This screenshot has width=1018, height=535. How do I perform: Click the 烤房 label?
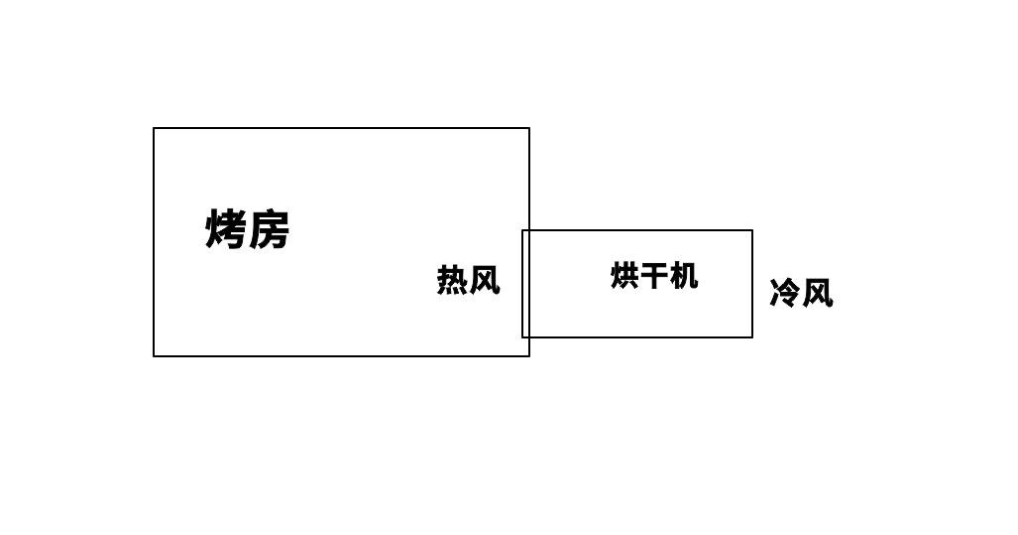tap(248, 230)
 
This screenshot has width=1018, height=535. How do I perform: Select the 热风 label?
tap(468, 280)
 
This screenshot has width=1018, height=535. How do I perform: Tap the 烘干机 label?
tap(654, 275)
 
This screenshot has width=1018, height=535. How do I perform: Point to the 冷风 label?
tap(801, 293)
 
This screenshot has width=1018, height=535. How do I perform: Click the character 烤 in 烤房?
tap(226, 230)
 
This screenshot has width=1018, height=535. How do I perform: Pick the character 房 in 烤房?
tap(269, 230)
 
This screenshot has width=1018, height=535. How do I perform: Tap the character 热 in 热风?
tap(452, 280)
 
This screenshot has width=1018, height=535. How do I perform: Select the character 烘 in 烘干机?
tap(624, 275)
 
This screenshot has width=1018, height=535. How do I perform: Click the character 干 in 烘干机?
tap(654, 275)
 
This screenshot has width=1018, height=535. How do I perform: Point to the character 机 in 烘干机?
tap(684, 275)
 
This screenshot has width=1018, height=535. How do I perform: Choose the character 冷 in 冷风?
tap(785, 293)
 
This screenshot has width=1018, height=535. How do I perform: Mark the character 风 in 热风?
tap(484, 280)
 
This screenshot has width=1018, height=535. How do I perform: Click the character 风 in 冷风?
tap(817, 293)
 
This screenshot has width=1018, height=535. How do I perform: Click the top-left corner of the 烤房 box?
tap(154, 128)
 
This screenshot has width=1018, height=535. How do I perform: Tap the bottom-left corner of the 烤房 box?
tap(154, 355)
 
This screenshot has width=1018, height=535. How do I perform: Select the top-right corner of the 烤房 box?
tap(529, 128)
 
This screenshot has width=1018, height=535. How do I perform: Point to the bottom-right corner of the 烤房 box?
tap(529, 355)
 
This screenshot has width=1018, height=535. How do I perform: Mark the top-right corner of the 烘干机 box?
tap(752, 230)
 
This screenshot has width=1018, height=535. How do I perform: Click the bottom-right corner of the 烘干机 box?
tap(752, 337)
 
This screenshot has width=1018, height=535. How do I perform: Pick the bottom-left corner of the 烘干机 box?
tap(522, 337)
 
